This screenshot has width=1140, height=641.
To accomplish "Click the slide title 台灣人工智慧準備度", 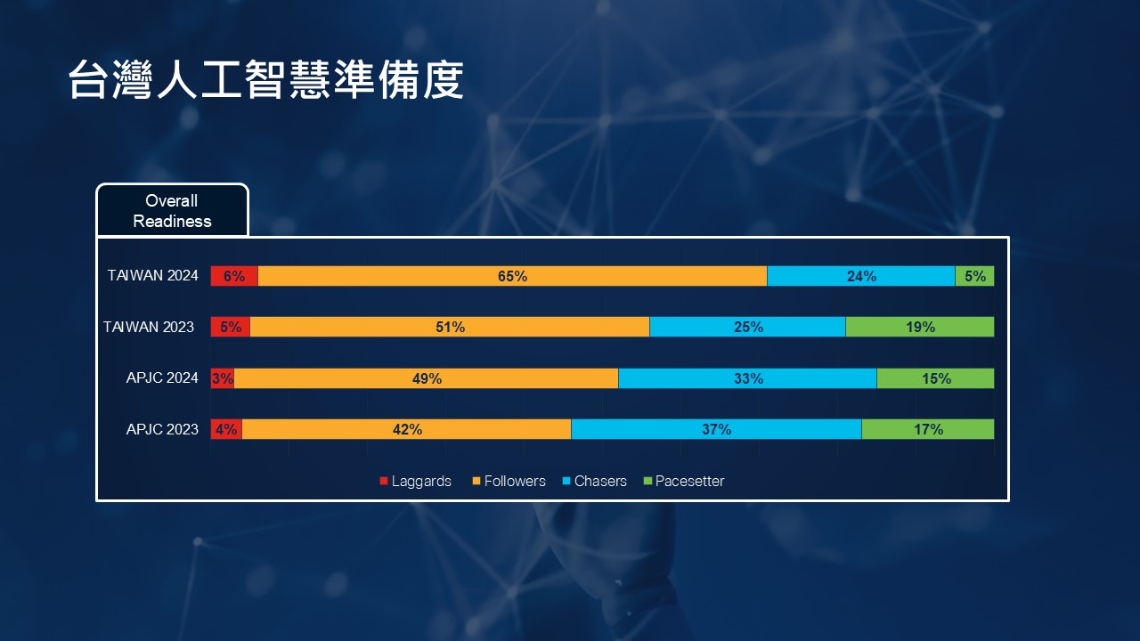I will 265,81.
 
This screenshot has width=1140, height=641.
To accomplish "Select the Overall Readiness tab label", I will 172,211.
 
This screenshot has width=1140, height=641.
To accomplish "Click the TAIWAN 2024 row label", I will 153,276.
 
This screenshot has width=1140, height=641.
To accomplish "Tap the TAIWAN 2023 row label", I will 149,327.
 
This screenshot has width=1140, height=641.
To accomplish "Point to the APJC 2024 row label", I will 162,378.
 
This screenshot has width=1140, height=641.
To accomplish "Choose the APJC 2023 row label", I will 162,429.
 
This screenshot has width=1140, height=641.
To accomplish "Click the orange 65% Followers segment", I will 512,276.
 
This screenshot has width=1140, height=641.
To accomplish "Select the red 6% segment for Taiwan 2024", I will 234,276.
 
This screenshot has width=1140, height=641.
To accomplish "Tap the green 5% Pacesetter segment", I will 974,276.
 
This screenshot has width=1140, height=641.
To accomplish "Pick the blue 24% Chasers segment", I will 860,276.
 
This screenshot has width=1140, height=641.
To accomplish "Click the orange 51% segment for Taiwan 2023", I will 450,327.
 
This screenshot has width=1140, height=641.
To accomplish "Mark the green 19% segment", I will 919,327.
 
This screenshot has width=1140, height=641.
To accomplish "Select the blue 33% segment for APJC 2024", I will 747,378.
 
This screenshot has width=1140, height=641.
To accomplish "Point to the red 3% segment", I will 222,378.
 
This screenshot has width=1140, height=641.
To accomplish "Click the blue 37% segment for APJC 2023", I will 716,429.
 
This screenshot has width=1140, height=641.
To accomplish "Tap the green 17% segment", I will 927,429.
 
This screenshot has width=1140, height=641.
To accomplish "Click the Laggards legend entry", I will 416,482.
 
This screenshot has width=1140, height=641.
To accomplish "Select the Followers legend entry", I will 509,482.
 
